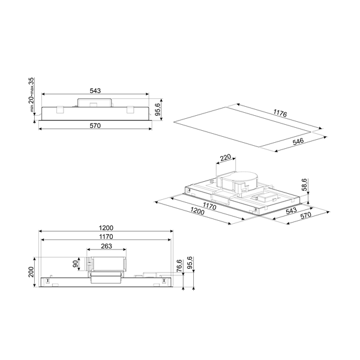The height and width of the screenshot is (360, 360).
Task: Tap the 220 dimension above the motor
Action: [225, 159]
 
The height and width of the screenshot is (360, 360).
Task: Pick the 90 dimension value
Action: [76, 264]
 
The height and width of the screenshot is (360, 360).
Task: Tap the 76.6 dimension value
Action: [179, 265]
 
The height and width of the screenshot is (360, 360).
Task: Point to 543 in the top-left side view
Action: [94, 90]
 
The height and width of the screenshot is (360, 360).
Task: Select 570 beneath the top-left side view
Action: [94, 125]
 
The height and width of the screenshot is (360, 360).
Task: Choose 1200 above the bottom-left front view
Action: [106, 228]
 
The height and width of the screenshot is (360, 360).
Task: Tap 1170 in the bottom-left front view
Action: [106, 237]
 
